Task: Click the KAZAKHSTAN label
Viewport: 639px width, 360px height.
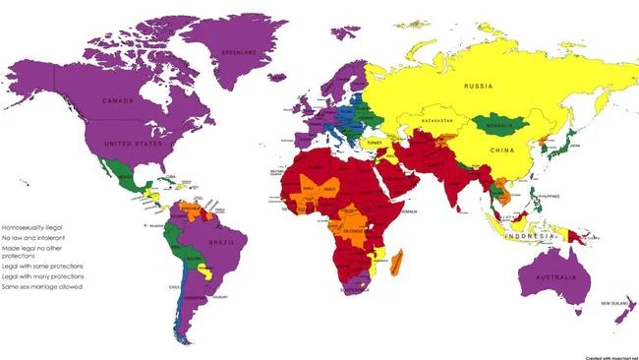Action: point(438,121)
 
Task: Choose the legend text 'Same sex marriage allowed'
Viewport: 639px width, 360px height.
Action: point(41,286)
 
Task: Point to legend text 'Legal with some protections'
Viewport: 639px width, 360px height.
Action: point(42,266)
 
